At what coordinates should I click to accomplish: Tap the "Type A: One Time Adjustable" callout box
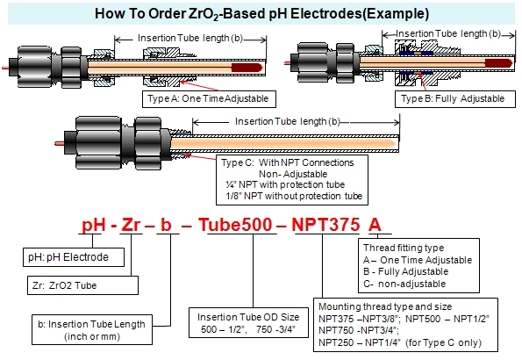click(x=209, y=99)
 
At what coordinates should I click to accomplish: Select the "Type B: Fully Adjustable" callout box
click(x=455, y=99)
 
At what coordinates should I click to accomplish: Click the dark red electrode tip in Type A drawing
click(x=247, y=68)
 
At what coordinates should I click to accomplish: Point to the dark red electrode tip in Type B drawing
click(x=498, y=63)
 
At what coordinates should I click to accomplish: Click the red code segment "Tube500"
click(x=235, y=224)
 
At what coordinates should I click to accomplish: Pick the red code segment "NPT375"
click(x=325, y=224)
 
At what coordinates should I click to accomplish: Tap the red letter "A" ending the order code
click(x=375, y=224)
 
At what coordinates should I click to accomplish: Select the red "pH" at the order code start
click(x=94, y=225)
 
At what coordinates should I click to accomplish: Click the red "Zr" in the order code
click(x=131, y=224)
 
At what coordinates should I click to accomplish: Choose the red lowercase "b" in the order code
click(x=166, y=224)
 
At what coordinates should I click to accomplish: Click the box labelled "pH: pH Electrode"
click(x=74, y=257)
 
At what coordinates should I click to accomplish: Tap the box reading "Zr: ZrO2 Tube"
click(x=82, y=285)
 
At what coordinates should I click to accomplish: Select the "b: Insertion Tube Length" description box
click(x=92, y=329)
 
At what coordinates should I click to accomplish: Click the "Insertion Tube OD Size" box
click(x=248, y=322)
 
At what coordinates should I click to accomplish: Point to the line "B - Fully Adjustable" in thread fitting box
click(x=406, y=271)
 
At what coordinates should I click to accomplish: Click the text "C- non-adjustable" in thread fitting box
click(x=404, y=284)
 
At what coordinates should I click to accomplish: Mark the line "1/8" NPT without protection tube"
click(x=294, y=196)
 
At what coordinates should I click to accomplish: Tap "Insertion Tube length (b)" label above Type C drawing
click(x=287, y=122)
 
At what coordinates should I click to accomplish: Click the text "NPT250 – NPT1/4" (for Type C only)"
click(x=400, y=342)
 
